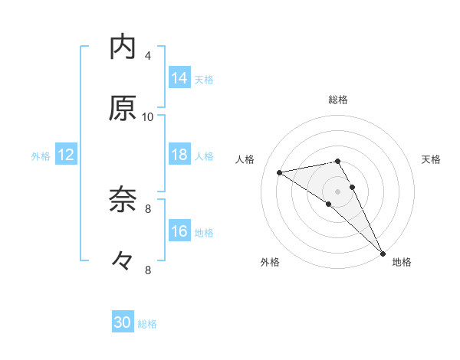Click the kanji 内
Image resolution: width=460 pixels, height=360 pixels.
point(123,48)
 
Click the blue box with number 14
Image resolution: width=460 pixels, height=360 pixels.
point(179,78)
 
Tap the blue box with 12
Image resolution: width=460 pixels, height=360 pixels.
point(66,155)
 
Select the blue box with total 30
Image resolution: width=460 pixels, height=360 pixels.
point(123,323)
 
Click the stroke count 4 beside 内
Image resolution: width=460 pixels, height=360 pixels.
point(147,56)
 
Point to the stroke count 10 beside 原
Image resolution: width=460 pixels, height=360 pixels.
point(148,116)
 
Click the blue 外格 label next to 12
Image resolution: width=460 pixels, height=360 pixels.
point(41,156)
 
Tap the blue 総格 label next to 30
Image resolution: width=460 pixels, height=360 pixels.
point(147,324)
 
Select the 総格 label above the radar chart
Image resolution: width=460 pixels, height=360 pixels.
point(338,100)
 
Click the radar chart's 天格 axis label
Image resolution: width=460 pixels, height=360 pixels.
point(431,159)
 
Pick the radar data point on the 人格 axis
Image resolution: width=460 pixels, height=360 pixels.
point(280,172)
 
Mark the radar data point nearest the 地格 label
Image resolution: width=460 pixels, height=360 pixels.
point(382,253)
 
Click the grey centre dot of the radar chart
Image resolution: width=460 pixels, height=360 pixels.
point(338,191)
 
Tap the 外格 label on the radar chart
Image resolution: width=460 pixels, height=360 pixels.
point(270,262)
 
